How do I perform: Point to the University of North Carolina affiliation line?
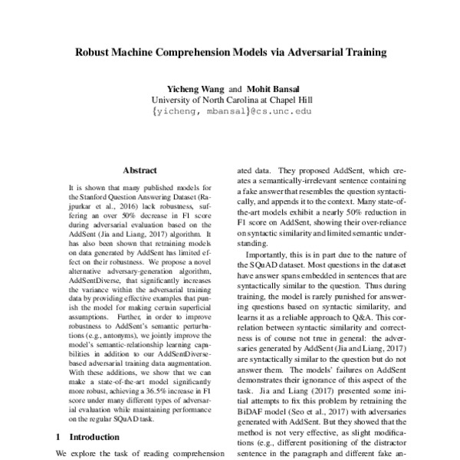pos(230,100)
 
